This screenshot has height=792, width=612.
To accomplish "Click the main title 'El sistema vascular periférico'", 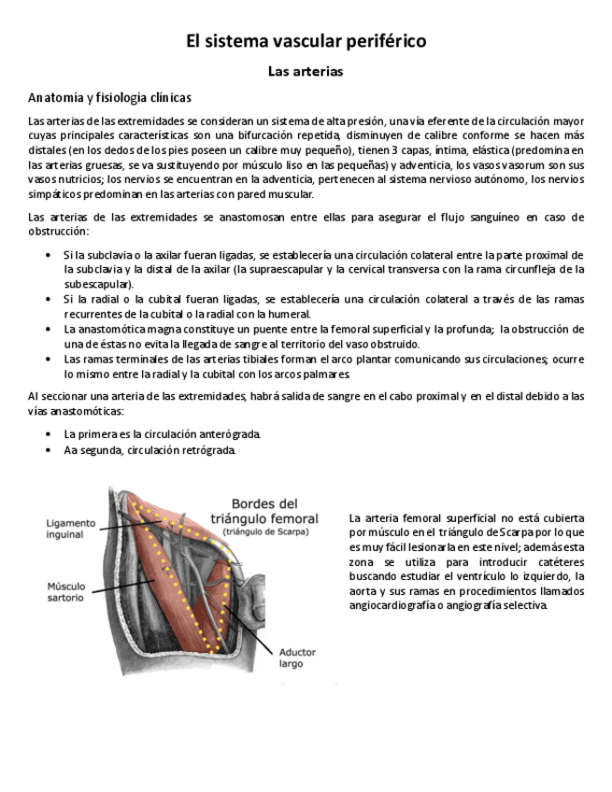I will [x=306, y=41].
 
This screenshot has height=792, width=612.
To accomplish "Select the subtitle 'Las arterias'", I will [x=306, y=71].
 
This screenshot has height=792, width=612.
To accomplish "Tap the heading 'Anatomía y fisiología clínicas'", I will [x=110, y=97].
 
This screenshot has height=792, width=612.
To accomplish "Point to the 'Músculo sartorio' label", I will [x=66, y=591].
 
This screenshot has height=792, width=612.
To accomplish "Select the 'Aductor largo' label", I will [x=297, y=658].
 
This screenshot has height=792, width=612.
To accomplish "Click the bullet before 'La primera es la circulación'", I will [x=49, y=434].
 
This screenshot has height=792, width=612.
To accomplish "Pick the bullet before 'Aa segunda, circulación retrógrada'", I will [x=49, y=450].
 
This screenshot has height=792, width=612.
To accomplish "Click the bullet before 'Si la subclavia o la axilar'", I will [x=49, y=254].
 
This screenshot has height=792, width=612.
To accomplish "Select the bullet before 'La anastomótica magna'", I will [x=49, y=329].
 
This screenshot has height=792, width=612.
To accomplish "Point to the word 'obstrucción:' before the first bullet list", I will [x=59, y=231].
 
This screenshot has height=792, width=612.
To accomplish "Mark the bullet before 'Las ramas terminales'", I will [x=49, y=359].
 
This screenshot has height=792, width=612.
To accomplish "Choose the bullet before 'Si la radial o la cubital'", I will [x=49, y=299].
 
